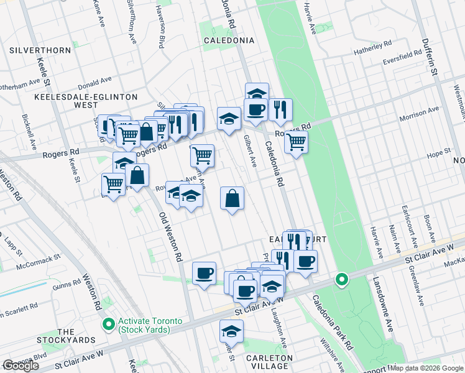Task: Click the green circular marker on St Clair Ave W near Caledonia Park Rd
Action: point(341,280)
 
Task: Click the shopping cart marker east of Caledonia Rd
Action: point(297,142)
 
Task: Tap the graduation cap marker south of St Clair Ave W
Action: point(231,331)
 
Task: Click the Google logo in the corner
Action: point(21,366)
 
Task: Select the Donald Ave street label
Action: point(94,81)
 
